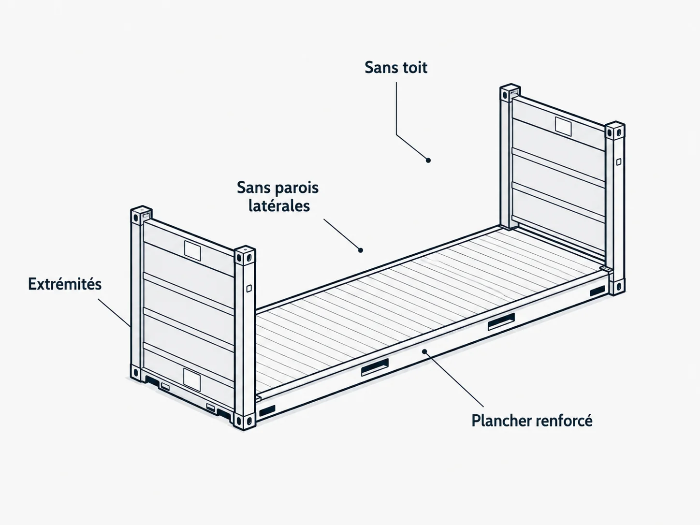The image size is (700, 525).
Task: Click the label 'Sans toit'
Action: (x=396, y=68)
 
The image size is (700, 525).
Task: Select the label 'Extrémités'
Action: (x=65, y=284)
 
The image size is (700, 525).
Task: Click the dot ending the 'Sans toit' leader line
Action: (x=428, y=160)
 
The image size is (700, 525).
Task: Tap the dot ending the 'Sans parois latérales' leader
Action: (x=360, y=250)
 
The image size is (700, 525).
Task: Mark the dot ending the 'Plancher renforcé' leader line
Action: (x=424, y=351)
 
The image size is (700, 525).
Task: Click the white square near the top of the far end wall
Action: (x=563, y=127)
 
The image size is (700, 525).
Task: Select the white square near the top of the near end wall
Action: (x=192, y=250)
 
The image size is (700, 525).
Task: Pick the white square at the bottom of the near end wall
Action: (x=192, y=379)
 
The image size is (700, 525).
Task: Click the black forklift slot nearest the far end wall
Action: (x=501, y=321)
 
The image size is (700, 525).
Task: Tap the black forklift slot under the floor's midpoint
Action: (x=375, y=367)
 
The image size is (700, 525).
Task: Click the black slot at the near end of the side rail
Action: (x=267, y=410)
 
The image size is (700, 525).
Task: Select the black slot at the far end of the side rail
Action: (x=598, y=291)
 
